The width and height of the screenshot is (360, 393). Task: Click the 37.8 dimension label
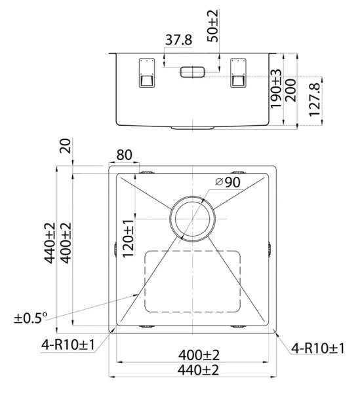178,40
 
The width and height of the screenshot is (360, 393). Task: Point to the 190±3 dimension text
277,88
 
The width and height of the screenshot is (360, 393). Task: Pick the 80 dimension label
124,155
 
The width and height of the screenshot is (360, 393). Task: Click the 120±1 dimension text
129,240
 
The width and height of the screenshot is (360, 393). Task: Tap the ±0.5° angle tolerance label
31,318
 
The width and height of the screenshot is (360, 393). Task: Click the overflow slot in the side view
192,71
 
